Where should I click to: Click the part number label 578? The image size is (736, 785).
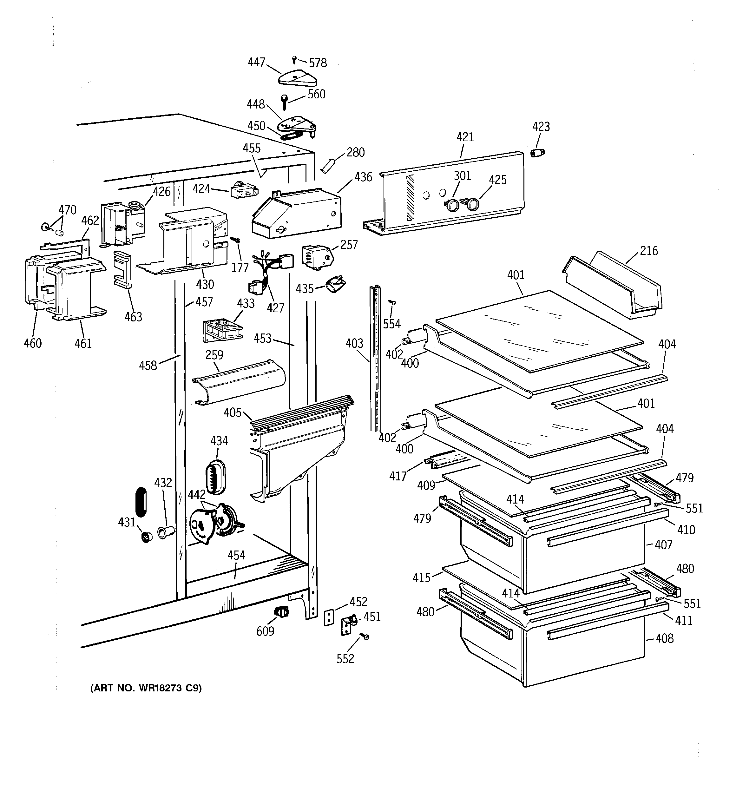(x=318, y=63)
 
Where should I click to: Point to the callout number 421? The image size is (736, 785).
(x=465, y=137)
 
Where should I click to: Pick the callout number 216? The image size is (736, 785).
(x=649, y=251)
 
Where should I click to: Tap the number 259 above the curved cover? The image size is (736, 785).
(x=214, y=355)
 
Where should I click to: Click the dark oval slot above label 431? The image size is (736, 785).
(x=141, y=501)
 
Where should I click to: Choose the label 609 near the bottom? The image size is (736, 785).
(x=265, y=631)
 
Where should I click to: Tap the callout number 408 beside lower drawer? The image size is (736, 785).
(x=665, y=638)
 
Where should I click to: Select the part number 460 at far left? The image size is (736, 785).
(x=32, y=343)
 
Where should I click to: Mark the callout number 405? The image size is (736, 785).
(x=233, y=412)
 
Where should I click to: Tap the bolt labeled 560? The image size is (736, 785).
(x=285, y=102)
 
